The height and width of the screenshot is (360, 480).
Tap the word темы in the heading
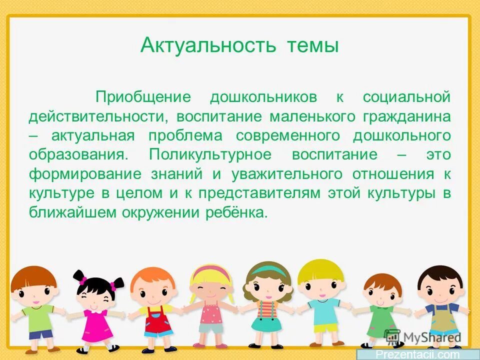tap(313, 46)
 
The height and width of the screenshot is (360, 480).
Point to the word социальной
tap(406, 97)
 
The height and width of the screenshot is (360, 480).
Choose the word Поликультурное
tap(210, 154)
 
